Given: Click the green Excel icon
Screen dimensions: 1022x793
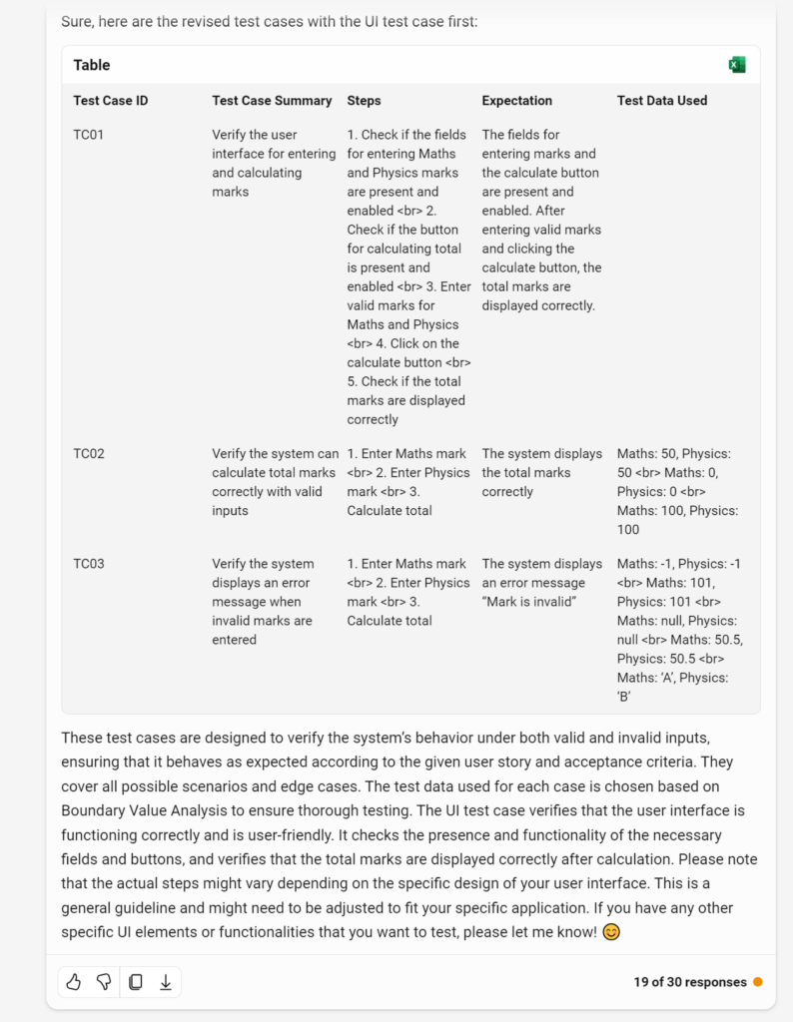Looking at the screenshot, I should [x=737, y=65].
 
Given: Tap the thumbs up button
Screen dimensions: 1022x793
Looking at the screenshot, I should [x=73, y=982].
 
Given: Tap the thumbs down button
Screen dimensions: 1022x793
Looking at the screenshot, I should [x=104, y=982].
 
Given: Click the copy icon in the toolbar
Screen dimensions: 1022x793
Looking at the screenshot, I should [x=135, y=982].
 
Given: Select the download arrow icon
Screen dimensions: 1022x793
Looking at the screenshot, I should [x=166, y=982].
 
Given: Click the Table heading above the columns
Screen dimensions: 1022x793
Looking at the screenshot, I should [x=92, y=65].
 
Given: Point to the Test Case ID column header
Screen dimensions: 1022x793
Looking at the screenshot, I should [x=110, y=101].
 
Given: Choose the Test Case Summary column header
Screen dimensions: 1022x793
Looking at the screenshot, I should [x=272, y=101].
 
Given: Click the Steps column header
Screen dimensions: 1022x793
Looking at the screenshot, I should [x=364, y=101].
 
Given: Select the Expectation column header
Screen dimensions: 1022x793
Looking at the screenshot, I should [x=516, y=101].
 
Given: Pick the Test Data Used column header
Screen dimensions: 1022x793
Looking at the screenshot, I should [x=661, y=101].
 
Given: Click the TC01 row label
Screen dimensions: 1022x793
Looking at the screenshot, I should [x=88, y=135].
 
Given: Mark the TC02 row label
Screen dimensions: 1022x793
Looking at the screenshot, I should [x=88, y=454].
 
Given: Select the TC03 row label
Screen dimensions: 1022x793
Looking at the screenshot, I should [x=88, y=564].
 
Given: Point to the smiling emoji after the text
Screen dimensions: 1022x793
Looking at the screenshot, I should [x=612, y=932].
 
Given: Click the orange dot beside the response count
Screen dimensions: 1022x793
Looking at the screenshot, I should [x=758, y=982].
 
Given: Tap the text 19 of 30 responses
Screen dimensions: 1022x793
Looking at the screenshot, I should [x=689, y=982].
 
